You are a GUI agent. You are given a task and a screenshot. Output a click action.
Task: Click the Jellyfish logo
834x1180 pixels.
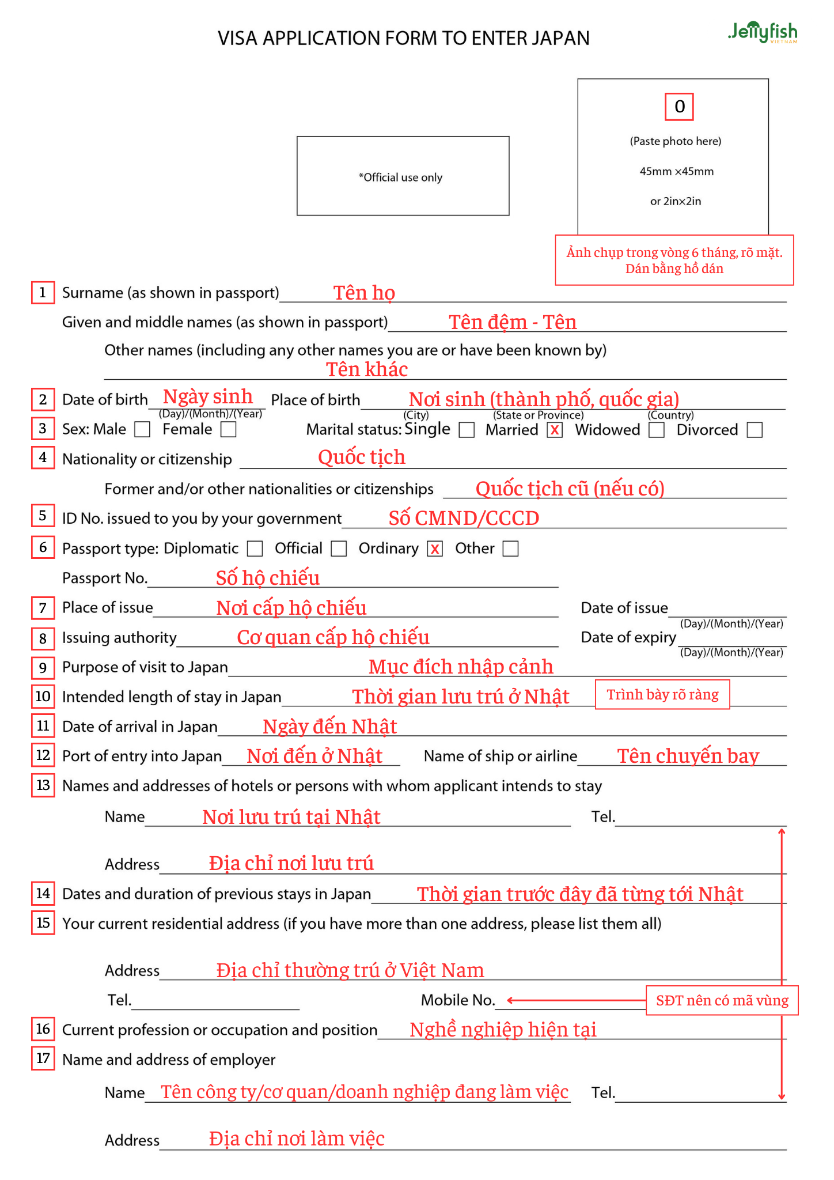point(763,32)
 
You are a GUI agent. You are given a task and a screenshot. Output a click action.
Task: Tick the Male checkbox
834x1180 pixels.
point(142,429)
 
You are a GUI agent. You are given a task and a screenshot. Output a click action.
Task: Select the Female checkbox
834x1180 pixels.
point(229,429)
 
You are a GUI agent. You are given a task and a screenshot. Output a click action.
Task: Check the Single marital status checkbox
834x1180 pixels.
point(467,430)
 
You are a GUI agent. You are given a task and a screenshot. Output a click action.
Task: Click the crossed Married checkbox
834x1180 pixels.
point(555,430)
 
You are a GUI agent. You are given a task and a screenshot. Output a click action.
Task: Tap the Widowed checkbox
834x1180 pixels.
point(657,430)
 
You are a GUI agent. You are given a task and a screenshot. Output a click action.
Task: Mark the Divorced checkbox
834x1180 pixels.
point(755,430)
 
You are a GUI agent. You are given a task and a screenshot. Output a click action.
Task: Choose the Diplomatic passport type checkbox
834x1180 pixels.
point(255,549)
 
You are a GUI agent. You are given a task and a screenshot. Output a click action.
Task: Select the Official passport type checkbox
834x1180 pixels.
point(339,549)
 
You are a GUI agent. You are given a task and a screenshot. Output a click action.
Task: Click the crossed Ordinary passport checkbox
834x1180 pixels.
point(435,549)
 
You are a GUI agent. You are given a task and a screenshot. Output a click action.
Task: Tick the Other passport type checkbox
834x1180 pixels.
point(510,549)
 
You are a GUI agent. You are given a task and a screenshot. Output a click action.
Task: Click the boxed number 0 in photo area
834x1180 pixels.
point(679,107)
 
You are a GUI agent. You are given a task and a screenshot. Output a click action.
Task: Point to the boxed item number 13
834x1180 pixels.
point(43,785)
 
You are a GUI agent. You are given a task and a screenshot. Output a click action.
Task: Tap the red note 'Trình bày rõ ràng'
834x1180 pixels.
point(662,694)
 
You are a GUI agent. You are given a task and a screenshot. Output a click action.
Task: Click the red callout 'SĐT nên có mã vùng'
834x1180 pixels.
point(722,1000)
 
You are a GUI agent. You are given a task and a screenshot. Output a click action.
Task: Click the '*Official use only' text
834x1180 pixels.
point(401,177)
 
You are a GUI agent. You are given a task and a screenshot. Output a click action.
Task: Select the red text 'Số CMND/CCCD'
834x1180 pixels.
point(464,518)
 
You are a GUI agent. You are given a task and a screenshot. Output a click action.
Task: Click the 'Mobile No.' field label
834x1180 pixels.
point(458,1000)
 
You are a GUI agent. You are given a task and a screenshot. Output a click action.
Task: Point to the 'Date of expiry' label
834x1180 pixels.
point(628,637)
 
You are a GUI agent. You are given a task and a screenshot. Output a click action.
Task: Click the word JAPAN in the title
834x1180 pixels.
point(560,38)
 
